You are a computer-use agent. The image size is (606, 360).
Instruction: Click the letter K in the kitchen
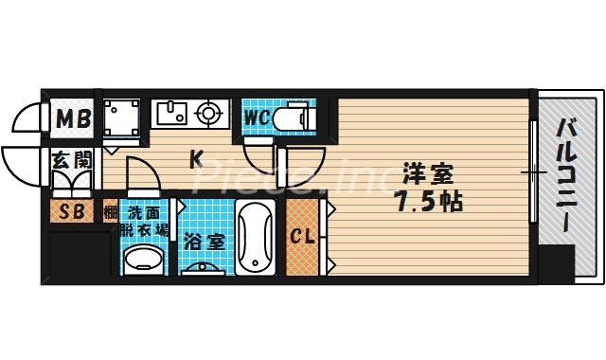coord(197,159)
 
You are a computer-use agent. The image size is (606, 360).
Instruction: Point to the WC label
coord(258,118)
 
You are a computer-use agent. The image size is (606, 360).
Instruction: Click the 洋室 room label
coord(428,174)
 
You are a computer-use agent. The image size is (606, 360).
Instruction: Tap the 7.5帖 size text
coord(428,202)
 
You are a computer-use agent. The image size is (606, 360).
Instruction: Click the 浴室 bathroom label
coord(204,242)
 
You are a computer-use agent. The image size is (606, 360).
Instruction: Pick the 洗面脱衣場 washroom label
coord(144,221)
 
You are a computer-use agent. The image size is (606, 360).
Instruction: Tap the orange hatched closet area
coord(304,237)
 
